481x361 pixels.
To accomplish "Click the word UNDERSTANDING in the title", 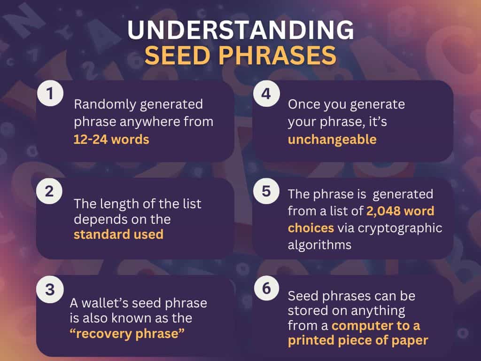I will pos(240,31).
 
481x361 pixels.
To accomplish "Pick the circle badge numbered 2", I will pos(50,192).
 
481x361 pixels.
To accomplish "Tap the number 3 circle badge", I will pos(50,290).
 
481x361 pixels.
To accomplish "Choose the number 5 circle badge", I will pos(266,192).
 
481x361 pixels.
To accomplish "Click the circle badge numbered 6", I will pos(266,290).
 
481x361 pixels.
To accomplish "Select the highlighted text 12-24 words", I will pos(111,140).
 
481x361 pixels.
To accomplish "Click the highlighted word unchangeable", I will pos(332,140).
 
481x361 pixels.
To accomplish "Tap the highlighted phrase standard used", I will pos(118,234).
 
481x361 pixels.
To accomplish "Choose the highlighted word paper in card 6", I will pos(410,340).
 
